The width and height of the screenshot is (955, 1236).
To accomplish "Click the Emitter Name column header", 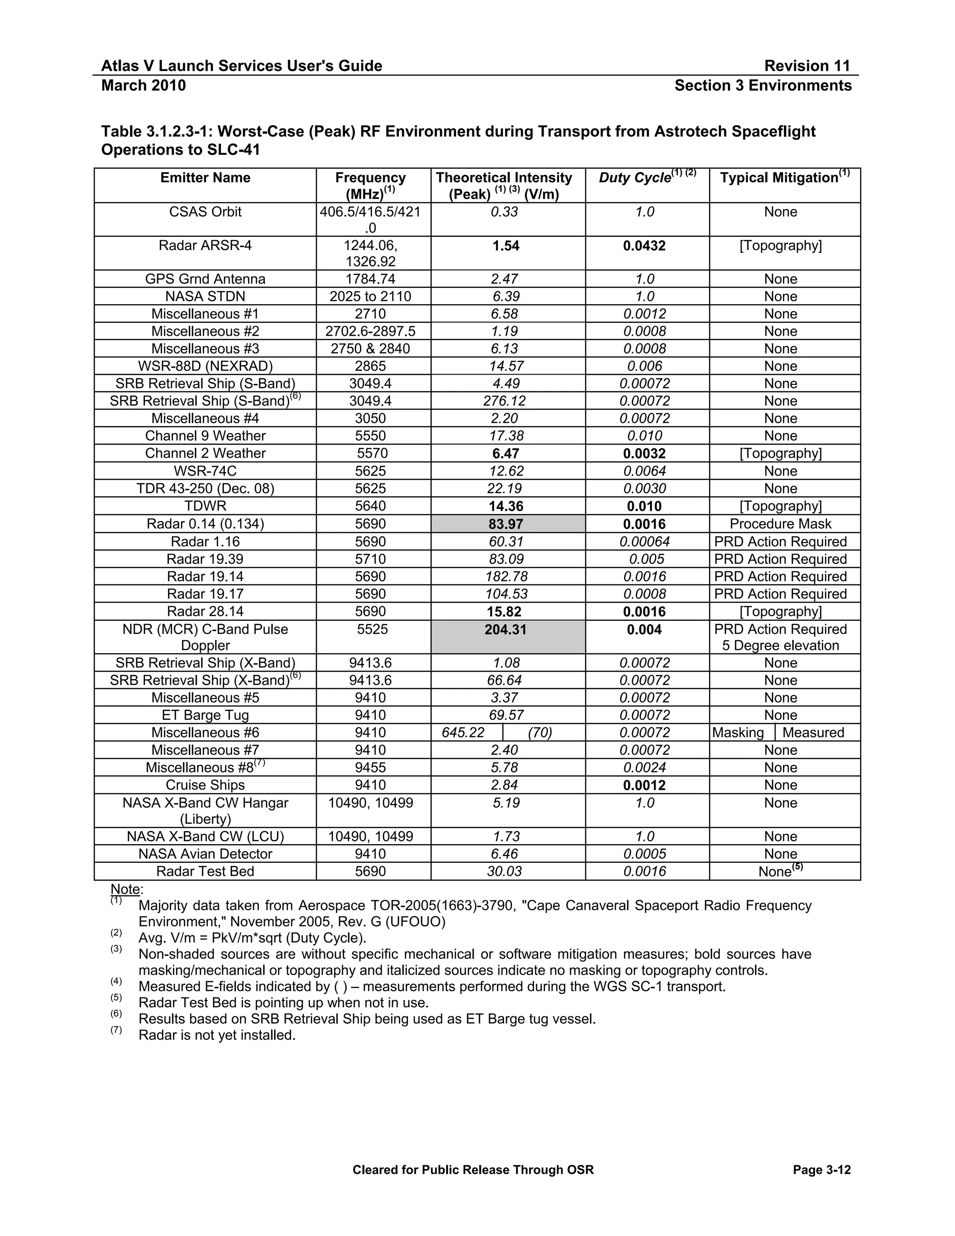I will (x=205, y=178).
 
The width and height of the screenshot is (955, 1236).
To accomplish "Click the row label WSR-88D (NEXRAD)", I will (x=205, y=366).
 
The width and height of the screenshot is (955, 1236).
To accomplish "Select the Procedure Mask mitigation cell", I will (x=780, y=524).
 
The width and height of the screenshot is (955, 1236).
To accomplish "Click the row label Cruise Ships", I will (x=205, y=785).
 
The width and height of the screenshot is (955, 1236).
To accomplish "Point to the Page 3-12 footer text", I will (x=822, y=1170).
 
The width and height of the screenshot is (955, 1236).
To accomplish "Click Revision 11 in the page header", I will (x=806, y=66).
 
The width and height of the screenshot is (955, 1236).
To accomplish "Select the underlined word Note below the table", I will (x=125, y=889).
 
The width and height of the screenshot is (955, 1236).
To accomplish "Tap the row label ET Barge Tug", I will (x=205, y=715).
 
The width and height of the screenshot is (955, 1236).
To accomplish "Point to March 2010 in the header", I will (x=143, y=85).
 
